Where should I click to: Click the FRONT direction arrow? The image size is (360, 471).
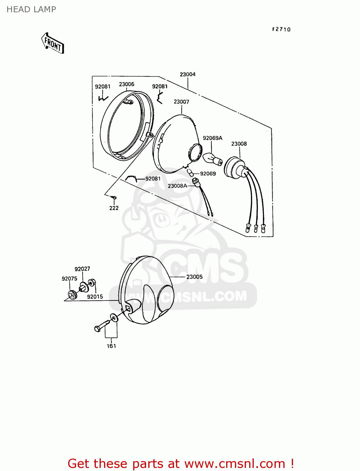point(53,44)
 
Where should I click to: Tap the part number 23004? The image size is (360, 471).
point(188,74)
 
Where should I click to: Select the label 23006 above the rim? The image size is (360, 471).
point(127,84)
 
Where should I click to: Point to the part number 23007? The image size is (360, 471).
point(181,102)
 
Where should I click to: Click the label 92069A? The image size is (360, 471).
point(212,138)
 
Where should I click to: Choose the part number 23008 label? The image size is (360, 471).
point(239,144)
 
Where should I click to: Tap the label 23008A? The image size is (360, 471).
point(177,186)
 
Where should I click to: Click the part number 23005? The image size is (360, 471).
point(194,277)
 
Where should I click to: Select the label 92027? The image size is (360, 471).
point(82,269)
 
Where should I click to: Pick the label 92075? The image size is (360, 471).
point(69,279)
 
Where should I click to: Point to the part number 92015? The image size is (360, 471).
point(95,296)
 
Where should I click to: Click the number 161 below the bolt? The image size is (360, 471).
point(111,346)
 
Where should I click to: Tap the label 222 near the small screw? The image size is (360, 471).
point(114,208)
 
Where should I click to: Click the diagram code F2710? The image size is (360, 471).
point(281,29)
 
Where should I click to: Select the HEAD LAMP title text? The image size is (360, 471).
point(31,9)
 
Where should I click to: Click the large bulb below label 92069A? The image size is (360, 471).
point(212,159)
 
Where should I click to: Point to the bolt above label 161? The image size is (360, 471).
point(102,325)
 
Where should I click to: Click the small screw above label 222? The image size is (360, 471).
point(114,197)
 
